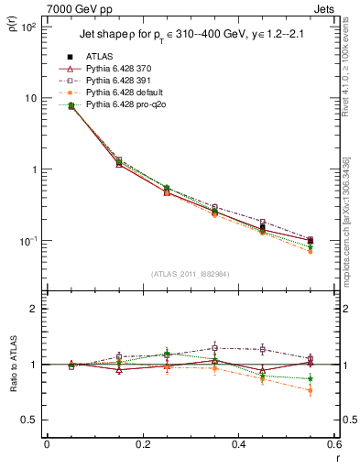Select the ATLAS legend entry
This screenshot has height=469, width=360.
tap(101, 57)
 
